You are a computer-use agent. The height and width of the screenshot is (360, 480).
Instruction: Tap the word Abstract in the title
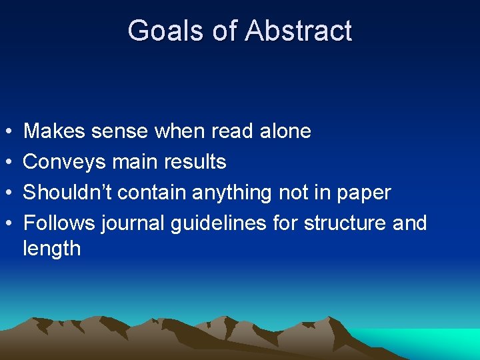pyautogui.click(x=298, y=31)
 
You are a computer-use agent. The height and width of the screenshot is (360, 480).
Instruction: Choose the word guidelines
pyautogui.click(x=219, y=223)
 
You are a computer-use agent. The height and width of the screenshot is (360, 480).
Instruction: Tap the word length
pyautogui.click(x=52, y=249)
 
